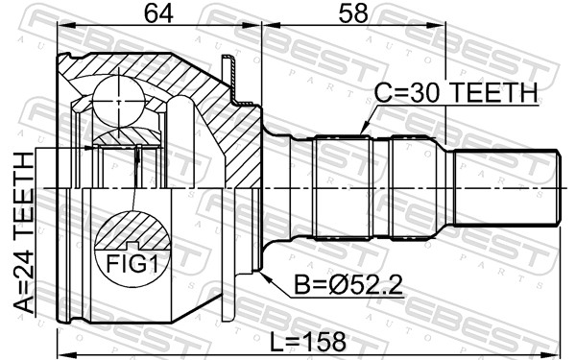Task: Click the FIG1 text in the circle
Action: tap(132, 261)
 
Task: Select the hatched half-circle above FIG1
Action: tap(132, 234)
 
